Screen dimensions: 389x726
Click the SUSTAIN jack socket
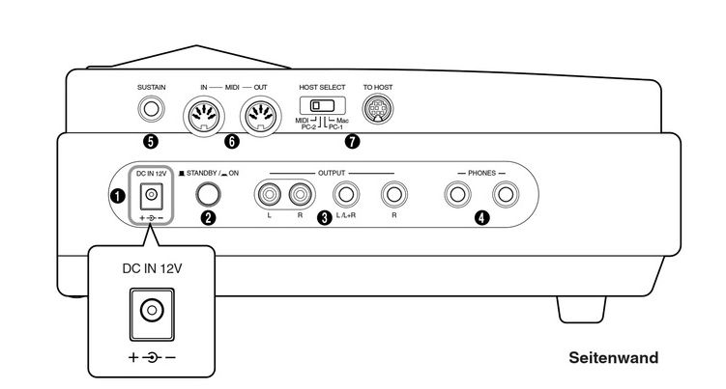click(150, 110)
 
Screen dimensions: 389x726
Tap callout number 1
click(116, 197)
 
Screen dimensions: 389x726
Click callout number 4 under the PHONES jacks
click(481, 218)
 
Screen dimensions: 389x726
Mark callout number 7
click(352, 141)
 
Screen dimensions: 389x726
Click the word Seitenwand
click(613, 357)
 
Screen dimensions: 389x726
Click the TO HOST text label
click(379, 87)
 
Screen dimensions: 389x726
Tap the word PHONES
click(480, 173)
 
